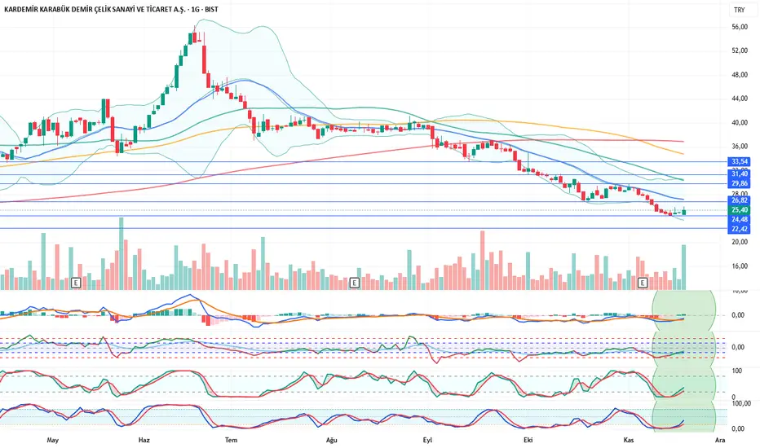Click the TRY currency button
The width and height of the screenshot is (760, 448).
739,11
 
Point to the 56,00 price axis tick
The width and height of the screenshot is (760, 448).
740,27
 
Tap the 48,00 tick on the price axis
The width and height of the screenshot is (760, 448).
740,75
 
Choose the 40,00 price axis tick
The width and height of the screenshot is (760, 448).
740,123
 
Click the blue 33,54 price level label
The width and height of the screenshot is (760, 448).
740,162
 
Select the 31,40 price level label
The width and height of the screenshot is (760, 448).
740,174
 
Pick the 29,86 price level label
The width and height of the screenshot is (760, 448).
740,184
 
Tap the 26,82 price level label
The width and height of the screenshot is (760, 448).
740,200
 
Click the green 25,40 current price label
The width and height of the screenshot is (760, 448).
740,210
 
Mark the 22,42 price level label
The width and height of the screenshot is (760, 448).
740,229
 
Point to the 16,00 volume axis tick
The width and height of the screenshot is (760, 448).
740,266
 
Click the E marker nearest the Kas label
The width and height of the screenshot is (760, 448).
643,283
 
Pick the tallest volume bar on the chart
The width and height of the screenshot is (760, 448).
121,253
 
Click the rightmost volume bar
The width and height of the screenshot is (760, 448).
683,267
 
